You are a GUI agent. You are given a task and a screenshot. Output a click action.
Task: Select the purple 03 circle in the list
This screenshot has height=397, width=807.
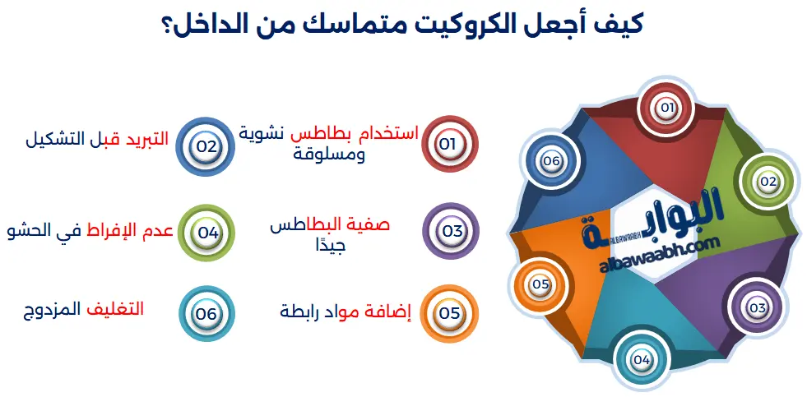coord(451,231)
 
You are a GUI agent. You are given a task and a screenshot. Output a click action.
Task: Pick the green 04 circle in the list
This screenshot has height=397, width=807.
coord(207,232)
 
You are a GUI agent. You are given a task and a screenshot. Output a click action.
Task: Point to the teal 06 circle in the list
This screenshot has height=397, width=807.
coord(206,314)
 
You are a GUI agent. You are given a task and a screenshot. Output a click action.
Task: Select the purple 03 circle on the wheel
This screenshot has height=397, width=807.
coord(757,307)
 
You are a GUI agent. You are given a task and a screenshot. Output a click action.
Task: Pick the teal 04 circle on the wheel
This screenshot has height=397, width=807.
coord(642,359)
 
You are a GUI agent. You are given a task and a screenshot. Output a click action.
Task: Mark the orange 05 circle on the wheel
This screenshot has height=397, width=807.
coord(540,284)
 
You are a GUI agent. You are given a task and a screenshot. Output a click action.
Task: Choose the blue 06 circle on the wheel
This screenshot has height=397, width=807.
coord(550,161)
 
